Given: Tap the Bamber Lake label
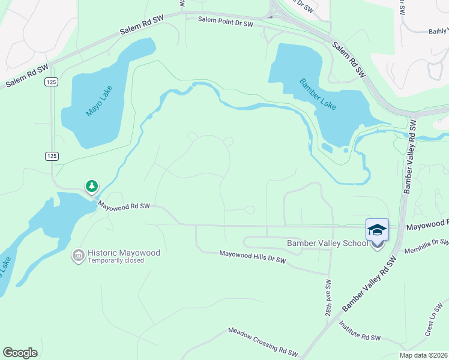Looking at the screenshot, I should tap(318, 94).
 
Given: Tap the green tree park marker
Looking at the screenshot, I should tap(91, 187).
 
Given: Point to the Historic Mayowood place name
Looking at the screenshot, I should tap(124, 253).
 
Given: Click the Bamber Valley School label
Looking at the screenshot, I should tap(327, 243).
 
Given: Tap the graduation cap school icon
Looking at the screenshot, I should tap(377, 230).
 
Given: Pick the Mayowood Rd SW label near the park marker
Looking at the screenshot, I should tap(124, 206).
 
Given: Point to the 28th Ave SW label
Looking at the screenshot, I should tap(328, 298).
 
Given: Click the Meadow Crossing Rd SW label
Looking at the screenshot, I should tap(263, 340).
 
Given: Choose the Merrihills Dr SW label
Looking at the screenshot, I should tap(426, 246).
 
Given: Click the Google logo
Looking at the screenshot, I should tap(20, 352).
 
